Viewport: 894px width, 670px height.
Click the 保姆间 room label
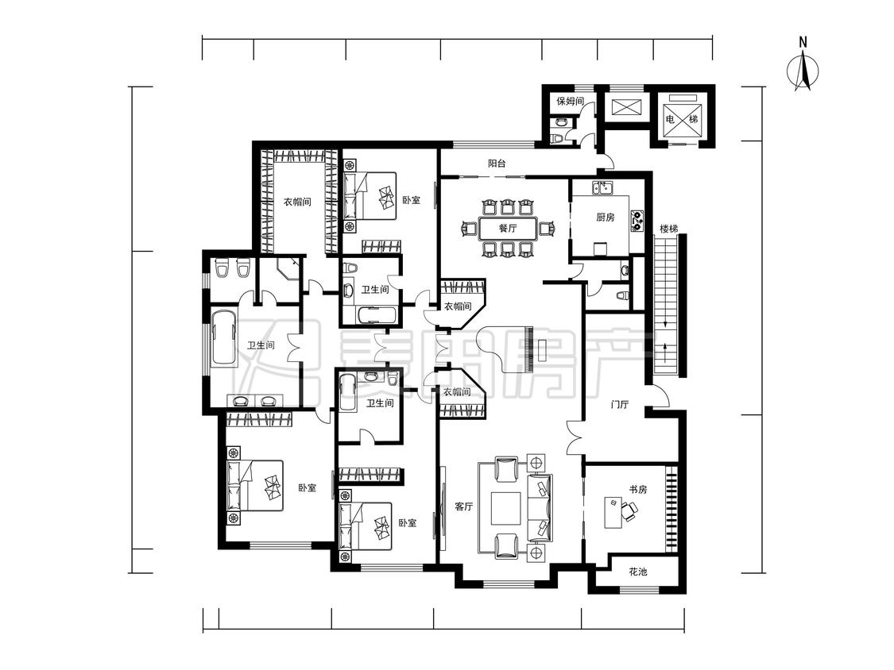pyautogui.click(x=570, y=102)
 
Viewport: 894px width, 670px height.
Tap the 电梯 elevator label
pyautogui.click(x=682, y=119)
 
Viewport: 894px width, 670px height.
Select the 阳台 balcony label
pyautogui.click(x=497, y=164)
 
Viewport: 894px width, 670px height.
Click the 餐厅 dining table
pyautogui.click(x=508, y=229)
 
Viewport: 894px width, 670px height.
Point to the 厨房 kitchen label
pyautogui.click(x=605, y=217)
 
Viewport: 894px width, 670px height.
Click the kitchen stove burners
pyautogui.click(x=637, y=221)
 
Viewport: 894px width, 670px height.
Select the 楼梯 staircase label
pyautogui.click(x=669, y=229)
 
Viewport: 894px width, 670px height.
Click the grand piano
pyautogui.click(x=509, y=349)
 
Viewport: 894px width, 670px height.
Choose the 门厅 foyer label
pyautogui.click(x=619, y=405)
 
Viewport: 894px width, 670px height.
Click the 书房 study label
pyautogui.click(x=637, y=489)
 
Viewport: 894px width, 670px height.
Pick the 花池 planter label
pyautogui.click(x=637, y=572)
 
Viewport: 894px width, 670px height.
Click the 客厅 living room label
pyautogui.click(x=464, y=506)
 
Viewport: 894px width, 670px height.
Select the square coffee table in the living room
pyautogui.click(x=505, y=507)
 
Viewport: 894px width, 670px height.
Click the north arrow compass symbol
pyautogui.click(x=803, y=71)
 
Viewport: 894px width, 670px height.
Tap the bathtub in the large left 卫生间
pyautogui.click(x=223, y=338)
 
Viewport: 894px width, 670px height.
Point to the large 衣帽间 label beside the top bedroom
pyautogui.click(x=298, y=202)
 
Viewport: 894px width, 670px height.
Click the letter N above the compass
pyautogui.click(x=803, y=42)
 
